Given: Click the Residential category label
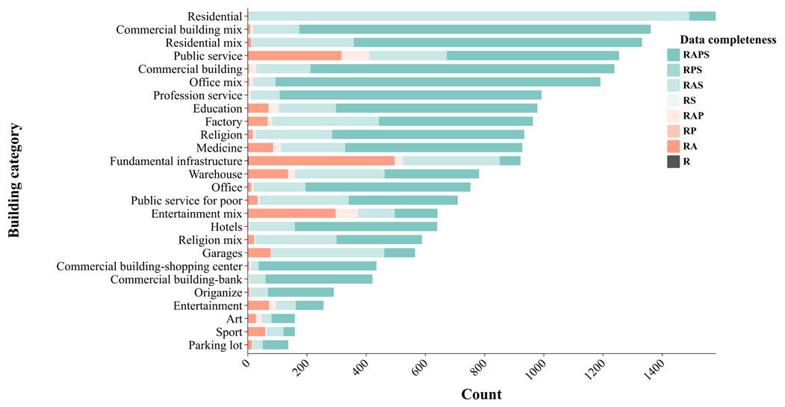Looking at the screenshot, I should click(x=215, y=16).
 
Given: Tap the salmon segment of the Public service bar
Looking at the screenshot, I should click(x=294, y=55).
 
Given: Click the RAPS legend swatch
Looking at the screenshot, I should click(x=674, y=55).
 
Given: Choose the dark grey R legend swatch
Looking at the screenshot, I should click(x=674, y=161).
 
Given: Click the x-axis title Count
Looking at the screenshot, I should click(x=481, y=394).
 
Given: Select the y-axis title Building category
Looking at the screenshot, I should click(x=14, y=181).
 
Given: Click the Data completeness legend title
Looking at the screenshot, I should click(x=723, y=40).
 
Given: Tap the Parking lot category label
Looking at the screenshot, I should click(x=216, y=345).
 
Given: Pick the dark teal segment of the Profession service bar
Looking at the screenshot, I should click(x=410, y=95).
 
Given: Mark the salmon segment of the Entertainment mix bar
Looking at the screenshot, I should click(x=291, y=214).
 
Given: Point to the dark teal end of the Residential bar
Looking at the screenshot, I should click(x=702, y=16).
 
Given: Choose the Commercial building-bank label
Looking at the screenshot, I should click(x=176, y=279).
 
